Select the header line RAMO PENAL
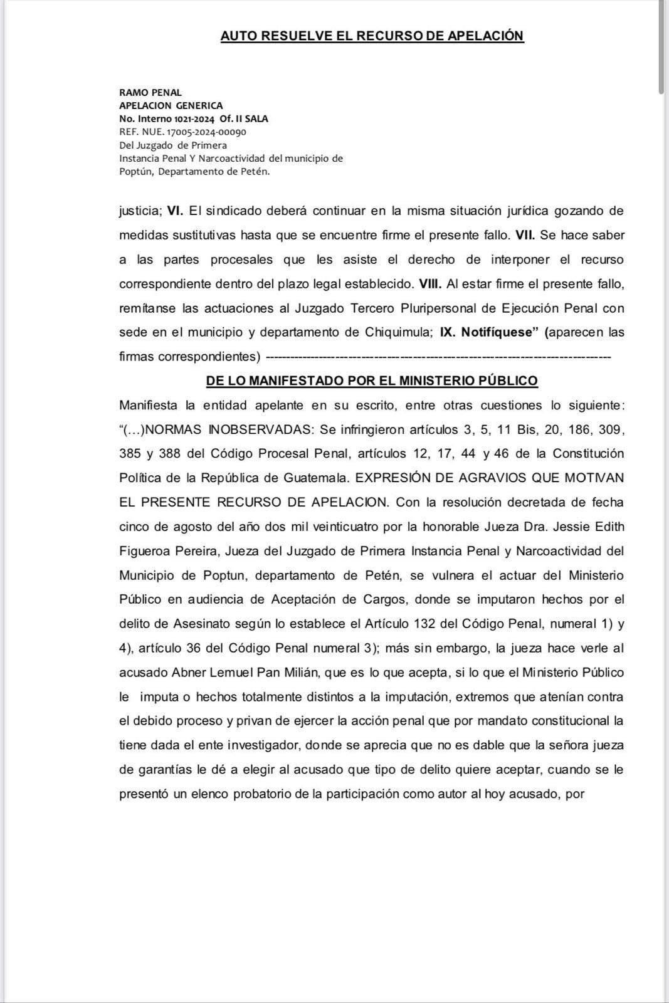click(150, 93)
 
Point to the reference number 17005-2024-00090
click(206, 132)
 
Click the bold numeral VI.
click(175, 211)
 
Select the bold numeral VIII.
click(430, 284)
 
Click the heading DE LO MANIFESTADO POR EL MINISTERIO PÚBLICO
click(372, 381)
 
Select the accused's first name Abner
click(188, 673)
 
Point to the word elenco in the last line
click(210, 794)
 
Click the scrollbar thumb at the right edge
click(663, 47)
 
